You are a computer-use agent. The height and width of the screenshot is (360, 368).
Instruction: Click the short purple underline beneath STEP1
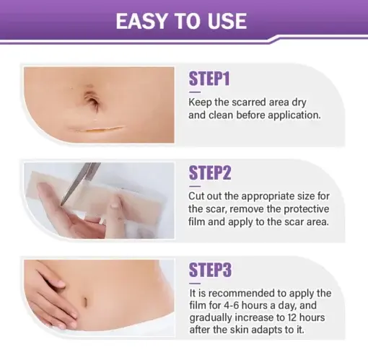pos(195,91)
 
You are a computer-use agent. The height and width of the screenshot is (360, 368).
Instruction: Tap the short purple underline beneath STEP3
pos(195,282)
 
